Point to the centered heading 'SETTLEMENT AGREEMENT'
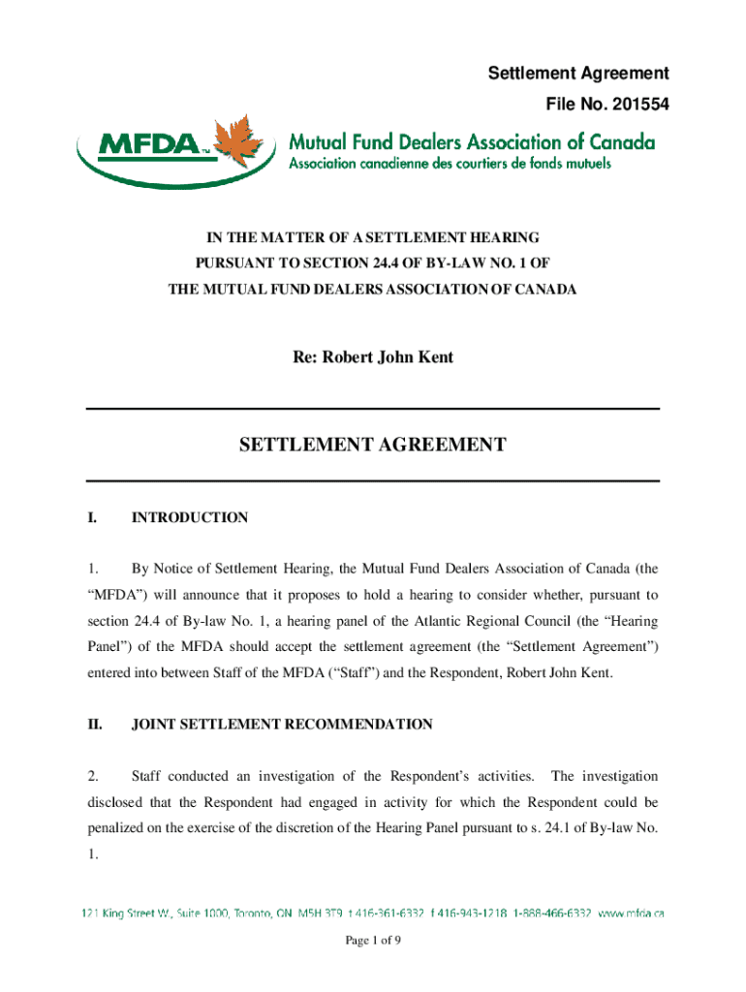tap(373, 445)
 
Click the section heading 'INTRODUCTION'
tap(189, 517)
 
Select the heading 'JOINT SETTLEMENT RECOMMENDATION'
tap(282, 724)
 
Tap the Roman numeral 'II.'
tap(93, 724)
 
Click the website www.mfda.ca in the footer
tap(631, 912)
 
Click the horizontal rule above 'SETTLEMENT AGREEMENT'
tap(373, 409)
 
